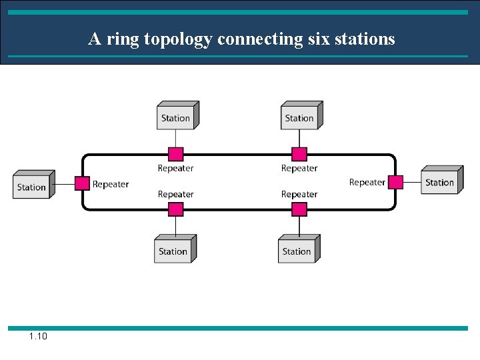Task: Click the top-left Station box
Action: pyautogui.click(x=176, y=117)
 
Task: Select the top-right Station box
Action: pyautogui.click(x=299, y=117)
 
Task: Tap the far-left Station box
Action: pyautogui.click(x=32, y=186)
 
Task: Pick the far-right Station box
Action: pyautogui.click(x=440, y=182)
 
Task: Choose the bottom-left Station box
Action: pyautogui.click(x=173, y=251)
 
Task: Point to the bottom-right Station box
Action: pyautogui.click(x=297, y=251)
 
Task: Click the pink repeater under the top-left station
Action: pyautogui.click(x=175, y=155)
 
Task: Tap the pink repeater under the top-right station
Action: pyautogui.click(x=299, y=155)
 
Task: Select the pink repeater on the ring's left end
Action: pyautogui.click(x=82, y=183)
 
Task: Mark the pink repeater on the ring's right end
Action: pyautogui.click(x=396, y=182)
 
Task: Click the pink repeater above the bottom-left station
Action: pyautogui.click(x=175, y=209)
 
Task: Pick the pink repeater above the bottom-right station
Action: pyautogui.click(x=299, y=209)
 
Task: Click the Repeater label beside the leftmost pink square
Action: pyautogui.click(x=111, y=184)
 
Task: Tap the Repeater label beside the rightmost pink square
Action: pyautogui.click(x=367, y=182)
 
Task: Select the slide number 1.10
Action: pyautogui.click(x=38, y=337)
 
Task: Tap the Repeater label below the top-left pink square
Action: pyautogui.click(x=175, y=168)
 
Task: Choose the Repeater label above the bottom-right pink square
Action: pyautogui.click(x=299, y=194)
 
